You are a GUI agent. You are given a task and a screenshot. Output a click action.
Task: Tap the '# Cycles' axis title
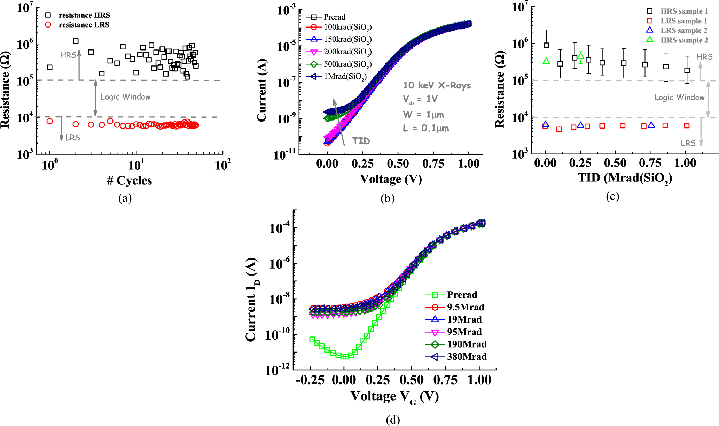click(130, 180)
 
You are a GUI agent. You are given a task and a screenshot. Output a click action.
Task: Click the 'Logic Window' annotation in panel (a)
click(125, 97)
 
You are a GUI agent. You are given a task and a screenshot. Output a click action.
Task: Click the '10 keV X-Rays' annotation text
click(437, 86)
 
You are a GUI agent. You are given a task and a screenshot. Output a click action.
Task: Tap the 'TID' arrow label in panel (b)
click(361, 141)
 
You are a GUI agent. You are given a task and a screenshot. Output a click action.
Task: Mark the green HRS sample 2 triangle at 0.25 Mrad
click(580, 56)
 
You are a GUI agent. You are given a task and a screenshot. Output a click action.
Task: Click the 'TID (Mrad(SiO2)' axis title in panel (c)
click(625, 178)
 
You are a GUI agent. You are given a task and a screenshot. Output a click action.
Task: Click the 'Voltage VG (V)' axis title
click(394, 396)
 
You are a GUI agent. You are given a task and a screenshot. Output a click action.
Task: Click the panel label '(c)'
click(612, 197)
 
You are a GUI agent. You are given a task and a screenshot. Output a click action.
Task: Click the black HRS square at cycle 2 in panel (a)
click(76, 41)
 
